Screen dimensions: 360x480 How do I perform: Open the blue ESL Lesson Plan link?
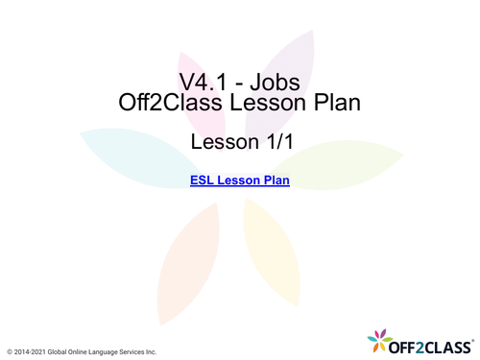coord(240,180)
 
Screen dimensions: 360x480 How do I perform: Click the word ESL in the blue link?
coord(204,180)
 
